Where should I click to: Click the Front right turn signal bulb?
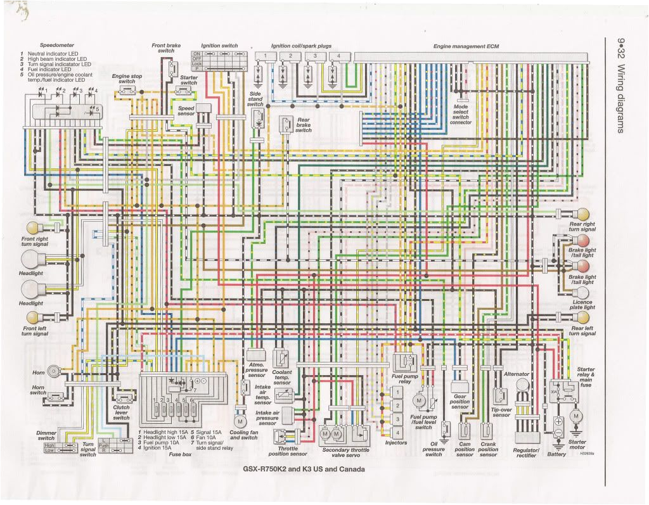point(32,227)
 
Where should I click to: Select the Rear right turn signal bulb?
point(582,214)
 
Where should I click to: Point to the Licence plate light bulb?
point(582,291)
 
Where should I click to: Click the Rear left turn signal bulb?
point(582,316)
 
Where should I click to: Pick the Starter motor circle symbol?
point(576,416)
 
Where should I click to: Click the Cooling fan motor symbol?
point(240,421)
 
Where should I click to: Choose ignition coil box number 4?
point(338,56)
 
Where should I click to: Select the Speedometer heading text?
point(56,46)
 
